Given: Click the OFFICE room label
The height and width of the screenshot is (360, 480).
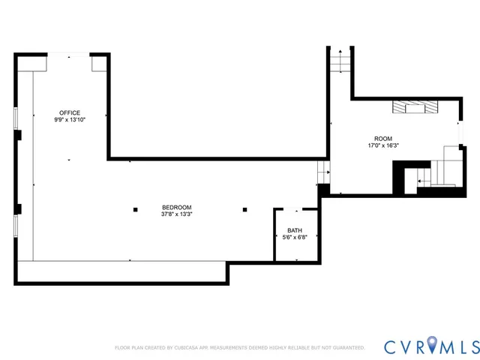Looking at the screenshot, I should click(70, 112).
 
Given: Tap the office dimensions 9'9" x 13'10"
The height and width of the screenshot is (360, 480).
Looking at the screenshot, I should click(70, 119).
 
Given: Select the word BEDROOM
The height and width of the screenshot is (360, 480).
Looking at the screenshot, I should click(177, 207).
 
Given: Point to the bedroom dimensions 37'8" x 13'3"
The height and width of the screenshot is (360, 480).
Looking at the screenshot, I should click(177, 214).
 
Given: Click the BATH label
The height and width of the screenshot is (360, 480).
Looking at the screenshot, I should click(295, 230).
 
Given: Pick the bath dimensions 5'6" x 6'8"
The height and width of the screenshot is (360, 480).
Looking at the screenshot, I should click(295, 237).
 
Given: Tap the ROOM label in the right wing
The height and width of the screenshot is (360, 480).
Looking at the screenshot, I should click(383, 139).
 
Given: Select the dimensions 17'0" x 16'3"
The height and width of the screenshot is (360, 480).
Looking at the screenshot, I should click(383, 145).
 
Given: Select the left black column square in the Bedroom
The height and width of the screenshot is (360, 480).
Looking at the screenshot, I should click(135, 209).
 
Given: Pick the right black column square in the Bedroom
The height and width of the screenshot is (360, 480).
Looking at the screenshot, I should click(244, 209).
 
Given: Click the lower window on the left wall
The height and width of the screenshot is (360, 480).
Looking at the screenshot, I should click(16, 226).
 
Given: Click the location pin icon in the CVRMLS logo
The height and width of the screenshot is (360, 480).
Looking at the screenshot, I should click(429, 346).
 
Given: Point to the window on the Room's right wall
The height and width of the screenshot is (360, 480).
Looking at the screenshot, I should click(460, 132).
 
